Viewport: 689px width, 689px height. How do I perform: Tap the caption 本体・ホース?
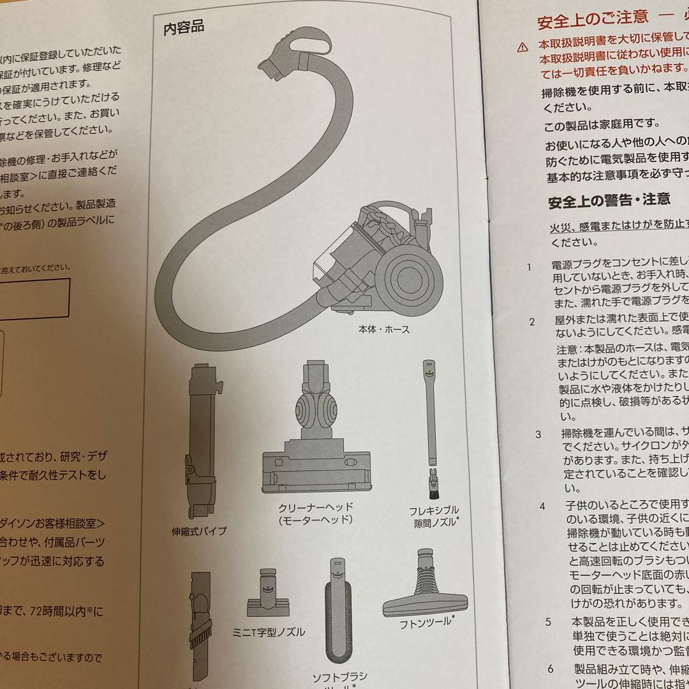coord(384,330)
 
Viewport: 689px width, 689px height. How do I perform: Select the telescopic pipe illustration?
coord(203,440)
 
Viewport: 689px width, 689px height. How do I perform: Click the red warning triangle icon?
coord(522,47)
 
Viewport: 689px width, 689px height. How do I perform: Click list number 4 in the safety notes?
coord(542,506)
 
